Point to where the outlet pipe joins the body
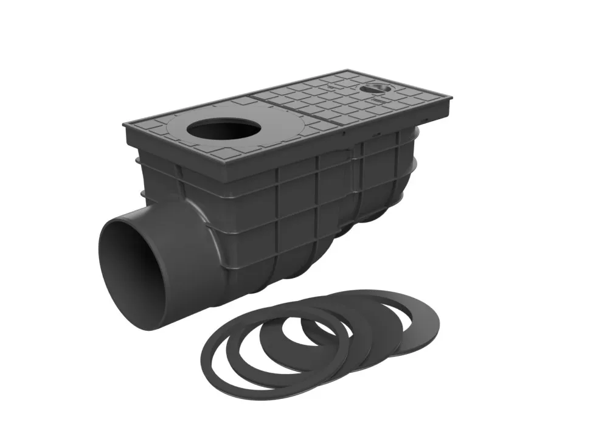(x=201, y=213)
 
